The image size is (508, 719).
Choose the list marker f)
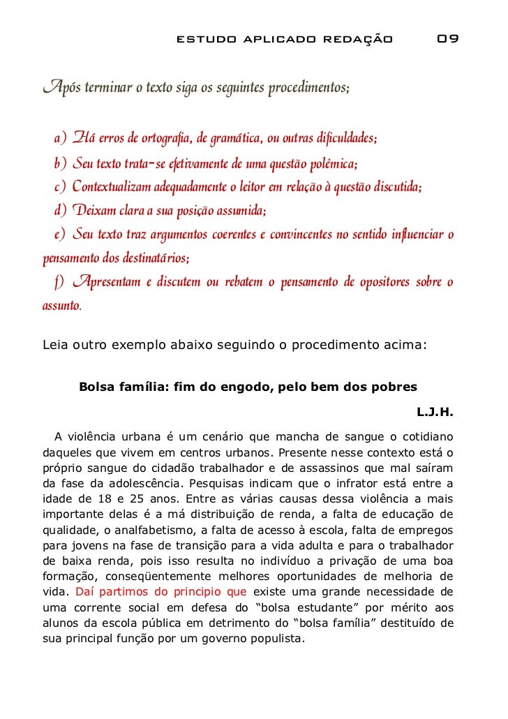coord(59,282)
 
